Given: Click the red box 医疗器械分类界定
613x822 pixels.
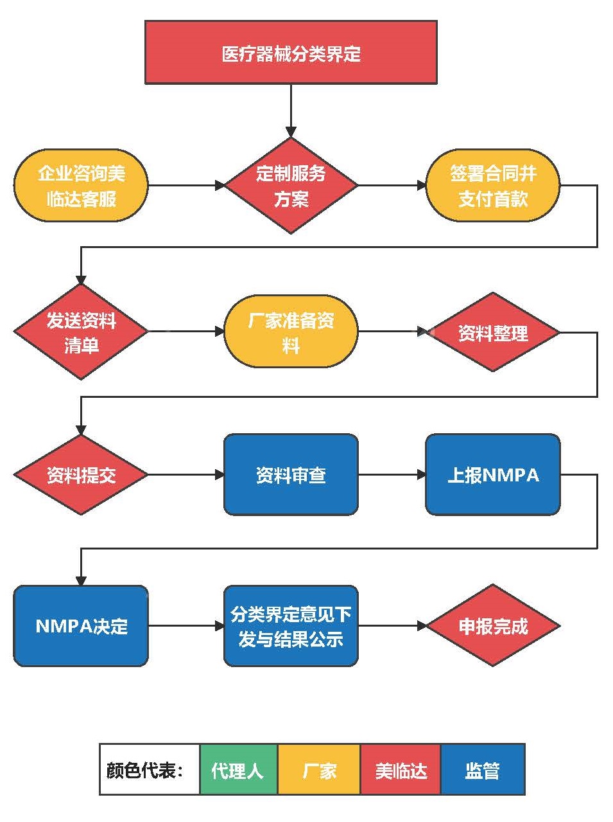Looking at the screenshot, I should [291, 52].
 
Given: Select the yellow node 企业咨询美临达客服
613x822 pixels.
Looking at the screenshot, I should [81, 186].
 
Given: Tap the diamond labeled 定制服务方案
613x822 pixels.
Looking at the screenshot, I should [291, 186].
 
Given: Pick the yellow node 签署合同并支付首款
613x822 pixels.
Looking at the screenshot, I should [492, 186].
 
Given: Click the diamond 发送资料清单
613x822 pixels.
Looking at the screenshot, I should [81, 332].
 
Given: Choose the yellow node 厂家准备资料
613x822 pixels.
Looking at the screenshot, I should [291, 332].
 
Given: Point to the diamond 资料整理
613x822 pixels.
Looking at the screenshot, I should [492, 332].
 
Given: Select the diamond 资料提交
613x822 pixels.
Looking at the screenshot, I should [81, 475].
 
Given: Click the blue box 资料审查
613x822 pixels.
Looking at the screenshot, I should [291, 475].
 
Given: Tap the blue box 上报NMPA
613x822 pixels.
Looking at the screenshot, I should [492, 475].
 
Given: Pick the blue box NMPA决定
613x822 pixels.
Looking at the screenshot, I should [81, 625].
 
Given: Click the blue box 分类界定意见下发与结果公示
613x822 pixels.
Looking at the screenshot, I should [291, 625].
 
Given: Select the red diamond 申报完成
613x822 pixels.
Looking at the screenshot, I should [492, 625].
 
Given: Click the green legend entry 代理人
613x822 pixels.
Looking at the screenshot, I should [238, 769].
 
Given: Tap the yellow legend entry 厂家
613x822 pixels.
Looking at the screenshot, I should [319, 769].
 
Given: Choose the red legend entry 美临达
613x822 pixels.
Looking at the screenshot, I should [401, 769].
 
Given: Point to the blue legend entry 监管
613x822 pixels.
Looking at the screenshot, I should [482, 769].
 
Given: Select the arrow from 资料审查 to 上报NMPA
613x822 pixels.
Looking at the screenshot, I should [392, 475].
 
